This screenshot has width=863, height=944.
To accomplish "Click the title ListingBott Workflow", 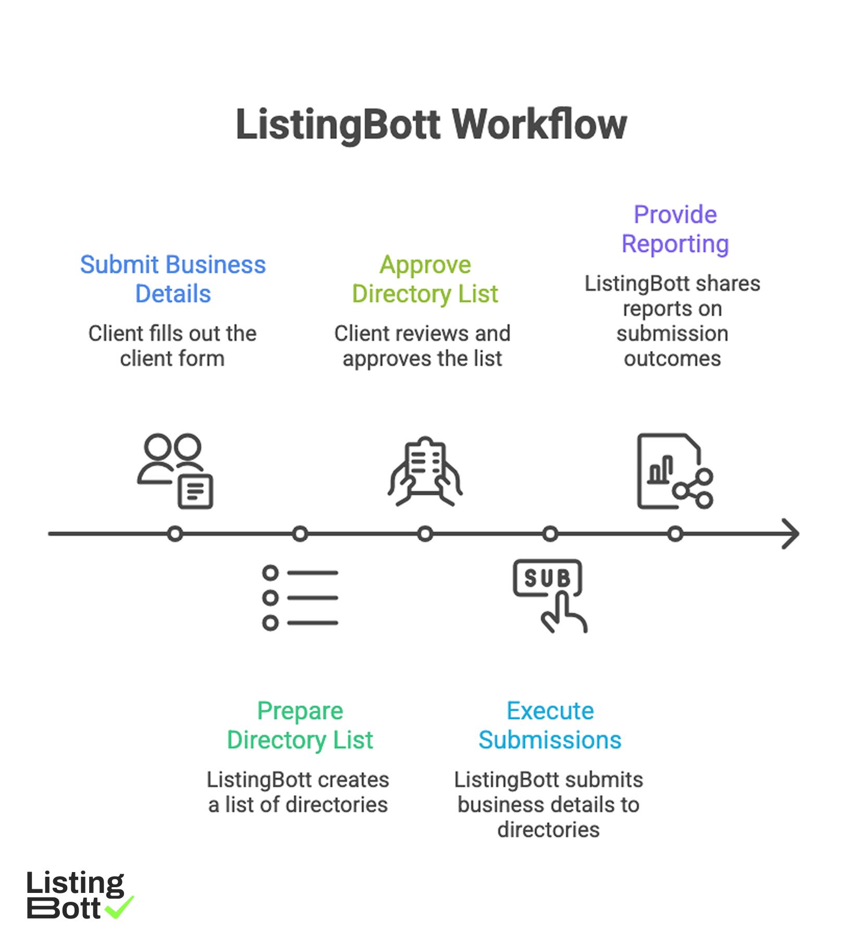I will click(x=431, y=125).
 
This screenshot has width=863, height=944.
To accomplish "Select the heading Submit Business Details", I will click(x=172, y=279).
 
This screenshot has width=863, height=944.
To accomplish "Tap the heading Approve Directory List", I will click(x=425, y=279).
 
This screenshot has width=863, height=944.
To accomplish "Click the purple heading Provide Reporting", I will click(x=675, y=229).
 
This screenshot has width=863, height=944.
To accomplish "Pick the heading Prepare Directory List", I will click(x=300, y=725).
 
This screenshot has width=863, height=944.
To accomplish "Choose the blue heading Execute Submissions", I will click(x=550, y=725).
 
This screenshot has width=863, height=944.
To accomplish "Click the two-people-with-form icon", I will click(x=175, y=471).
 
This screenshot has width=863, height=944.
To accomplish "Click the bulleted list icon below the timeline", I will click(x=300, y=597).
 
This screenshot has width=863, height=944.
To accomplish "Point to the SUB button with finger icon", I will click(x=549, y=595).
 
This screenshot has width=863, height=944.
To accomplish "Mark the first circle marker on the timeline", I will click(x=175, y=534).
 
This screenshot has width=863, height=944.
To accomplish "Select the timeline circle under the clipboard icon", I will click(x=425, y=534).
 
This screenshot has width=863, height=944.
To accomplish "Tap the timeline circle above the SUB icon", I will click(x=550, y=534).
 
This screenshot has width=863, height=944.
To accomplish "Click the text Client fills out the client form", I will click(x=172, y=346).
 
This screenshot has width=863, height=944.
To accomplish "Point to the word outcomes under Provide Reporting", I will click(x=672, y=359).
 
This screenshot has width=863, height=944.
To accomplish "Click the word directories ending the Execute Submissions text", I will click(x=548, y=829).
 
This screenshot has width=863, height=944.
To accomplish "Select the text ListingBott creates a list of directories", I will click(x=298, y=792).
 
